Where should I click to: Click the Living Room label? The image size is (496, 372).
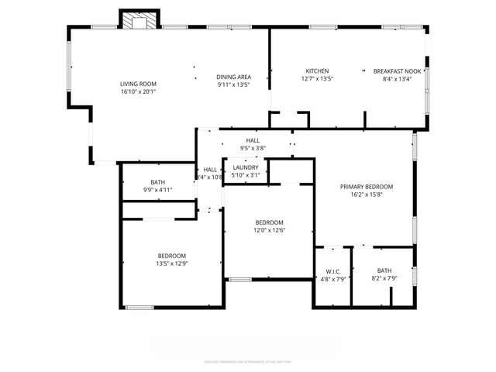[138, 84]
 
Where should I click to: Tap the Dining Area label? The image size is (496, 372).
[233, 77]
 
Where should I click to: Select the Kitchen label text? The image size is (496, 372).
[317, 71]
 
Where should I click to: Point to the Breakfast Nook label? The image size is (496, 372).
[398, 71]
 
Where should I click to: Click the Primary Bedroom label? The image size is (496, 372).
[367, 187]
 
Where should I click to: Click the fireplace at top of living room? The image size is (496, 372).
[140, 21]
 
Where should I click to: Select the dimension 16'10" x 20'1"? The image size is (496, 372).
[138, 91]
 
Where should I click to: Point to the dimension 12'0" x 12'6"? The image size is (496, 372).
[269, 230]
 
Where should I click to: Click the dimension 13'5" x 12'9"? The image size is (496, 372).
[172, 264]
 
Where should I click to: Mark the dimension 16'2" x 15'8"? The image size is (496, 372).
[367, 195]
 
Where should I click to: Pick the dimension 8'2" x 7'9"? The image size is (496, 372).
[384, 278]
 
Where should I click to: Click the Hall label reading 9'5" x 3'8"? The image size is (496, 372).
[253, 148]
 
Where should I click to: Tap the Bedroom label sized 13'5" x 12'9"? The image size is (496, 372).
[172, 257]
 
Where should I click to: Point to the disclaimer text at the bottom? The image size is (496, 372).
[247, 360]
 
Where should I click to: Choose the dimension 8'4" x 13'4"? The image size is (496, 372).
[398, 78]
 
